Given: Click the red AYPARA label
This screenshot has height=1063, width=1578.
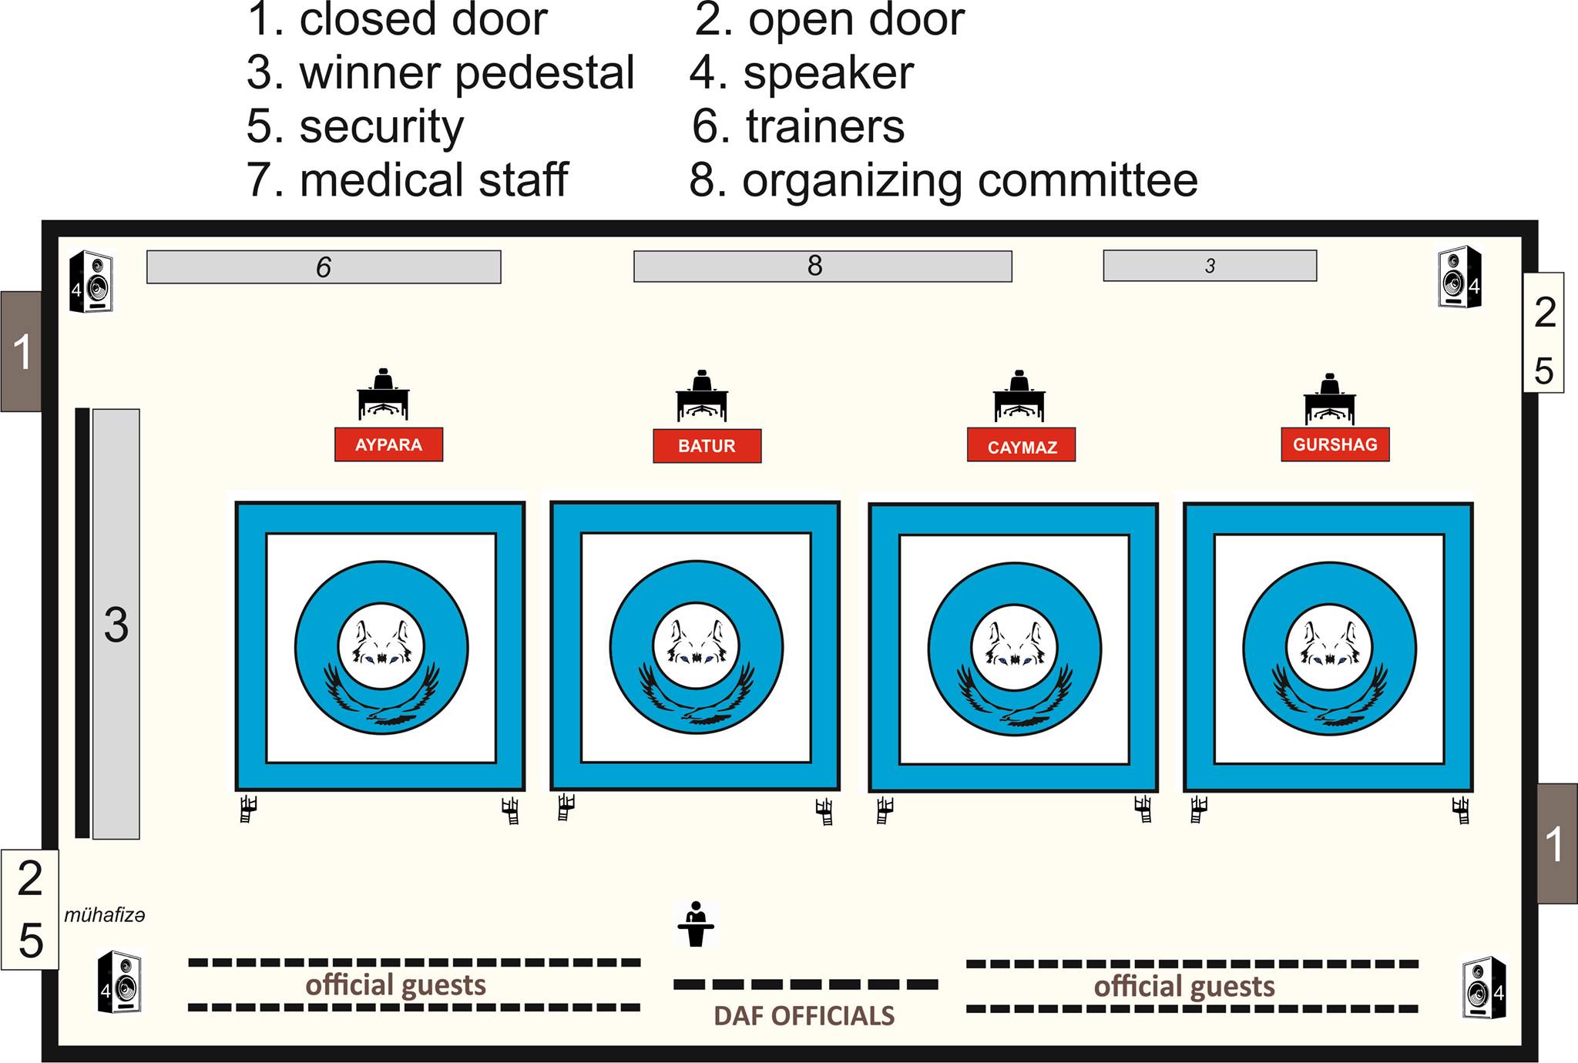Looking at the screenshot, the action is [x=388, y=444].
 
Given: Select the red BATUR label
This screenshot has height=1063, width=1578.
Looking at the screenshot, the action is [x=707, y=446].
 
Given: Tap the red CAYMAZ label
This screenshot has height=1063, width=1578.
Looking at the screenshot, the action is [x=1022, y=445].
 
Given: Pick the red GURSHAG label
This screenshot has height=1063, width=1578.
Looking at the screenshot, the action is [x=1335, y=444].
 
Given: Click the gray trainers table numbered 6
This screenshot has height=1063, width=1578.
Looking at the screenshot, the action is [x=324, y=267].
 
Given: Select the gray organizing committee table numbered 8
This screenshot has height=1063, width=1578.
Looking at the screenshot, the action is [x=823, y=266].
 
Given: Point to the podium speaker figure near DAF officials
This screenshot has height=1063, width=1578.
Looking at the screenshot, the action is [x=697, y=924].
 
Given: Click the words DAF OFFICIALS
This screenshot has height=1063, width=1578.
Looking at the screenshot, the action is [x=804, y=1016].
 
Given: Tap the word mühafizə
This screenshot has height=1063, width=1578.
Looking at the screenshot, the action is [x=105, y=915].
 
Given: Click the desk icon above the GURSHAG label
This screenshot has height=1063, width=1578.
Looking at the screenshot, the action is [x=1330, y=398].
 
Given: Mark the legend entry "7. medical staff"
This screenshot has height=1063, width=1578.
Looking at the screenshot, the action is [x=407, y=179].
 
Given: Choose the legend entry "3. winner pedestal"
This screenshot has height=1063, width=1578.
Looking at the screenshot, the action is [x=440, y=73].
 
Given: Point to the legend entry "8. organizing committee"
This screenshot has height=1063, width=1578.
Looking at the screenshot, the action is [x=944, y=181].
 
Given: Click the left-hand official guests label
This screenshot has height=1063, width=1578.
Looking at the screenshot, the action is [x=396, y=985].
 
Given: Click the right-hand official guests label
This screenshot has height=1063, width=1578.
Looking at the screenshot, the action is [x=1184, y=987].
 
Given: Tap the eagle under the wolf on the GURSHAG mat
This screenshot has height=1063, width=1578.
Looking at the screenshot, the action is [x=1329, y=697].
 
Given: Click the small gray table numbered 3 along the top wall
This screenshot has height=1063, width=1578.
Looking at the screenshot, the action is [x=1210, y=266].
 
